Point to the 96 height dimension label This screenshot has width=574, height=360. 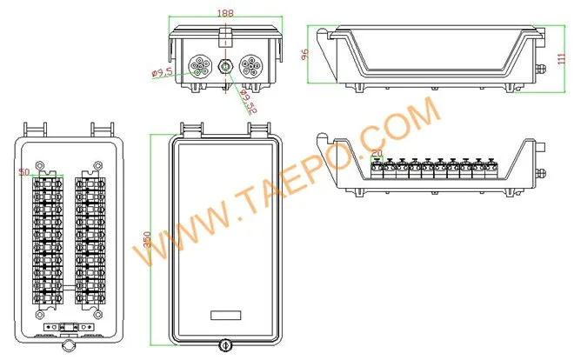[x=306, y=53]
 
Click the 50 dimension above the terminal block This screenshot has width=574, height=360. [x=23, y=171]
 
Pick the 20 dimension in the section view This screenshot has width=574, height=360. [x=377, y=153]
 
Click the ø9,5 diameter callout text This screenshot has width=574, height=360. [x=163, y=73]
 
